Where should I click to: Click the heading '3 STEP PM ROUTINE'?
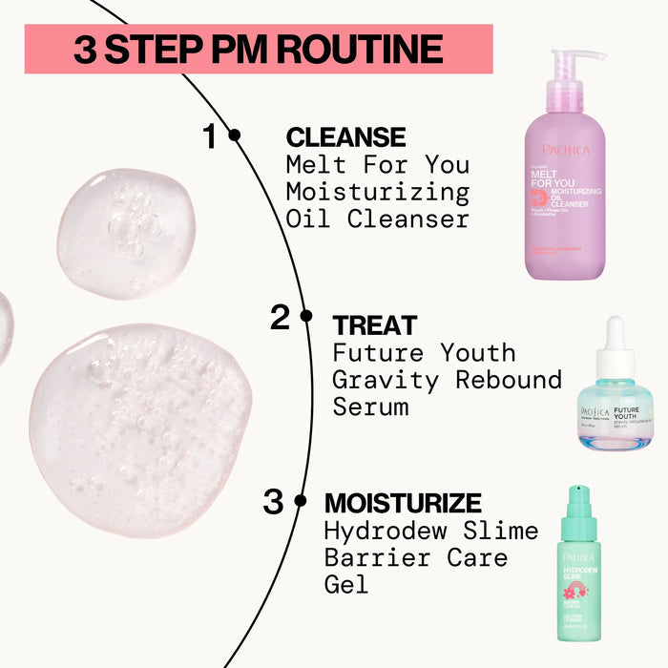click(x=258, y=49)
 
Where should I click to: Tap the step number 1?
click(x=210, y=136)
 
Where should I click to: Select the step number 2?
click(x=280, y=317)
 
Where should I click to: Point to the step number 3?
click(x=273, y=502)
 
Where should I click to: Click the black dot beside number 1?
click(x=235, y=136)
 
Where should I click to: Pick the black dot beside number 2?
click(x=305, y=315)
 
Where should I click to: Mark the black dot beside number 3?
click(x=300, y=500)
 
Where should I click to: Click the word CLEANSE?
click(x=345, y=137)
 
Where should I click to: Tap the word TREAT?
click(x=375, y=325)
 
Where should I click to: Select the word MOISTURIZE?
click(x=403, y=503)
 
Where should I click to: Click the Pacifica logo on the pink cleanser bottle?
click(x=566, y=150)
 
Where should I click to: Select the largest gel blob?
click(x=140, y=427)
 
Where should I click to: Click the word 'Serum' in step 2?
click(x=370, y=407)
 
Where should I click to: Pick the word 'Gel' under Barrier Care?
click(x=345, y=585)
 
